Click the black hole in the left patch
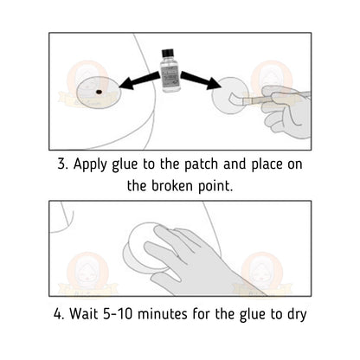100,91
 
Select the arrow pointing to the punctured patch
138,83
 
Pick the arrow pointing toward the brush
200,83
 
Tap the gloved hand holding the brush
286,107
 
